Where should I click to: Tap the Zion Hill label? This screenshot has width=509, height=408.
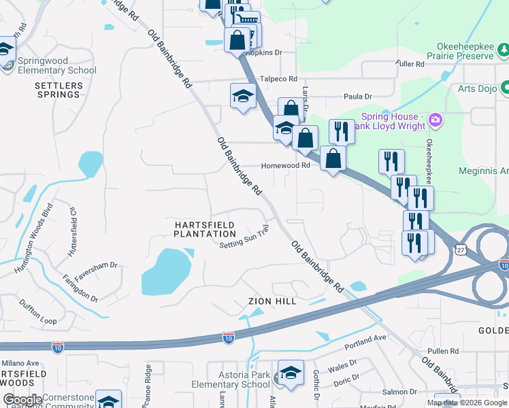[268, 301]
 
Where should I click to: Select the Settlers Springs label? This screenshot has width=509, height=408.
[59, 90]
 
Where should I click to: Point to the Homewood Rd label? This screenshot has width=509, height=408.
[286, 165]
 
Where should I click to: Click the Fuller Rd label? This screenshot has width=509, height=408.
[410, 64]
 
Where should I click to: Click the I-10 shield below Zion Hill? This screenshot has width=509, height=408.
[229, 337]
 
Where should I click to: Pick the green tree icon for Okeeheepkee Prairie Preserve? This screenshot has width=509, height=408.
[504, 50]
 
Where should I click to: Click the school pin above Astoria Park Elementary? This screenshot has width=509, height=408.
[291, 373]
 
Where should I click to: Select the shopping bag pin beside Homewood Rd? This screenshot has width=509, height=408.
[333, 158]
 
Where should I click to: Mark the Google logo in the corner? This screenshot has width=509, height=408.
[22, 400]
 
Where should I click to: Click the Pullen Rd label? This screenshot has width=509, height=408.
[444, 351]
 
